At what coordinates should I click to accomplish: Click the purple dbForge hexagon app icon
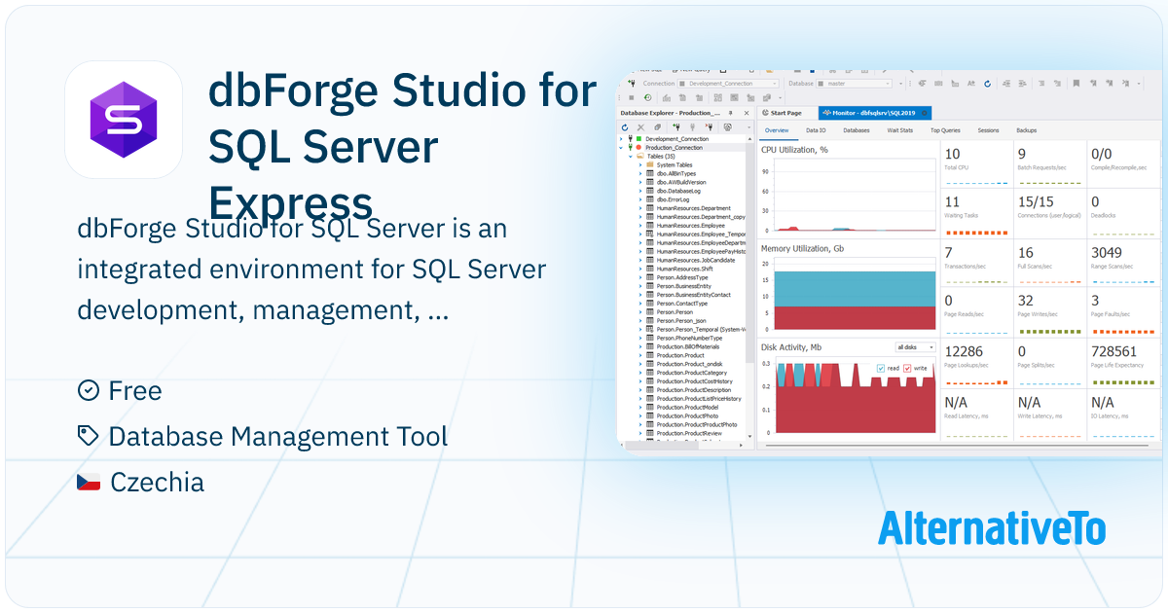point(124,120)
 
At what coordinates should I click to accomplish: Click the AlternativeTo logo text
point(992,527)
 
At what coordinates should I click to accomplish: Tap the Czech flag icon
point(89,482)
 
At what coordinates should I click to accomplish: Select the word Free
point(135,391)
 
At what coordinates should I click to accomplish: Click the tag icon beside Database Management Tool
point(89,436)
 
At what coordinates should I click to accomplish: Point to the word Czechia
point(157,482)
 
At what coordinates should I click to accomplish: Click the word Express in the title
point(291,203)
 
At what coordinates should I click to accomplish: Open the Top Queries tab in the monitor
point(945,129)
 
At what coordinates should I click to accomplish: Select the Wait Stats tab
point(899,129)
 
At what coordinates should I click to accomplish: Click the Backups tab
point(1026,129)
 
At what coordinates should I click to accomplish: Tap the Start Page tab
point(785,113)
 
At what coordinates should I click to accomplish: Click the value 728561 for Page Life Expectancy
point(1113,351)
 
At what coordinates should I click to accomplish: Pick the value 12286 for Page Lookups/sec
point(964,351)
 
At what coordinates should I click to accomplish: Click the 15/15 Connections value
point(1036,202)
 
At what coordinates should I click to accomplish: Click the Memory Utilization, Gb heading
point(803,248)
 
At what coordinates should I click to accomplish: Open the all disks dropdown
point(915,347)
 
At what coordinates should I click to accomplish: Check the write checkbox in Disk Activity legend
point(907,369)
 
